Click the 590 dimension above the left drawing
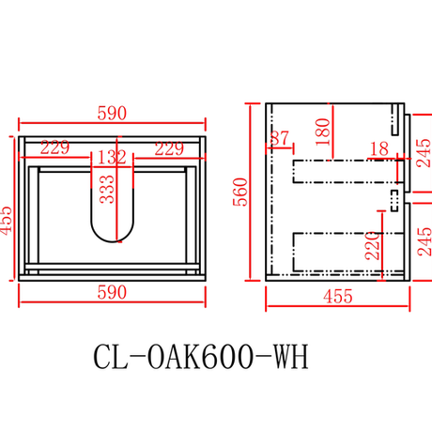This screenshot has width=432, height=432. coord(112,114)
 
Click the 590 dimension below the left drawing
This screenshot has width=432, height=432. coord(112,293)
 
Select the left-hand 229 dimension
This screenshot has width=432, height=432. coord(54,147)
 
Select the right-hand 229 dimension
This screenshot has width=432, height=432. coord(169,148)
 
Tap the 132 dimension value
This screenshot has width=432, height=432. coord(112,157)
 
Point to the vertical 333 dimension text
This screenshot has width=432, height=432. coord(107,189)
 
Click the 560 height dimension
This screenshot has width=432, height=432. coord(240,192)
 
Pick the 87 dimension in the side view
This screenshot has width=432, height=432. coord(280,138)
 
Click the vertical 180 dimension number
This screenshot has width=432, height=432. coord(323,131)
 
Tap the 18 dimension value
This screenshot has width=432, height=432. coord(379,149)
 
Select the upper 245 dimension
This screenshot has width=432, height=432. coord(424,153)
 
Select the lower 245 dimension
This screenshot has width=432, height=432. coord(424,241)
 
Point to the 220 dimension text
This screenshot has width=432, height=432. coord(372,246)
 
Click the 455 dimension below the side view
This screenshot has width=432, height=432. coord(338,296)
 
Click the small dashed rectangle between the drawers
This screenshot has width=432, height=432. coord(394,201)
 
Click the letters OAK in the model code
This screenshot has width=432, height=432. coord(173,357)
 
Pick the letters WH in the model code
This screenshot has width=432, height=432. coord(291,357)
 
